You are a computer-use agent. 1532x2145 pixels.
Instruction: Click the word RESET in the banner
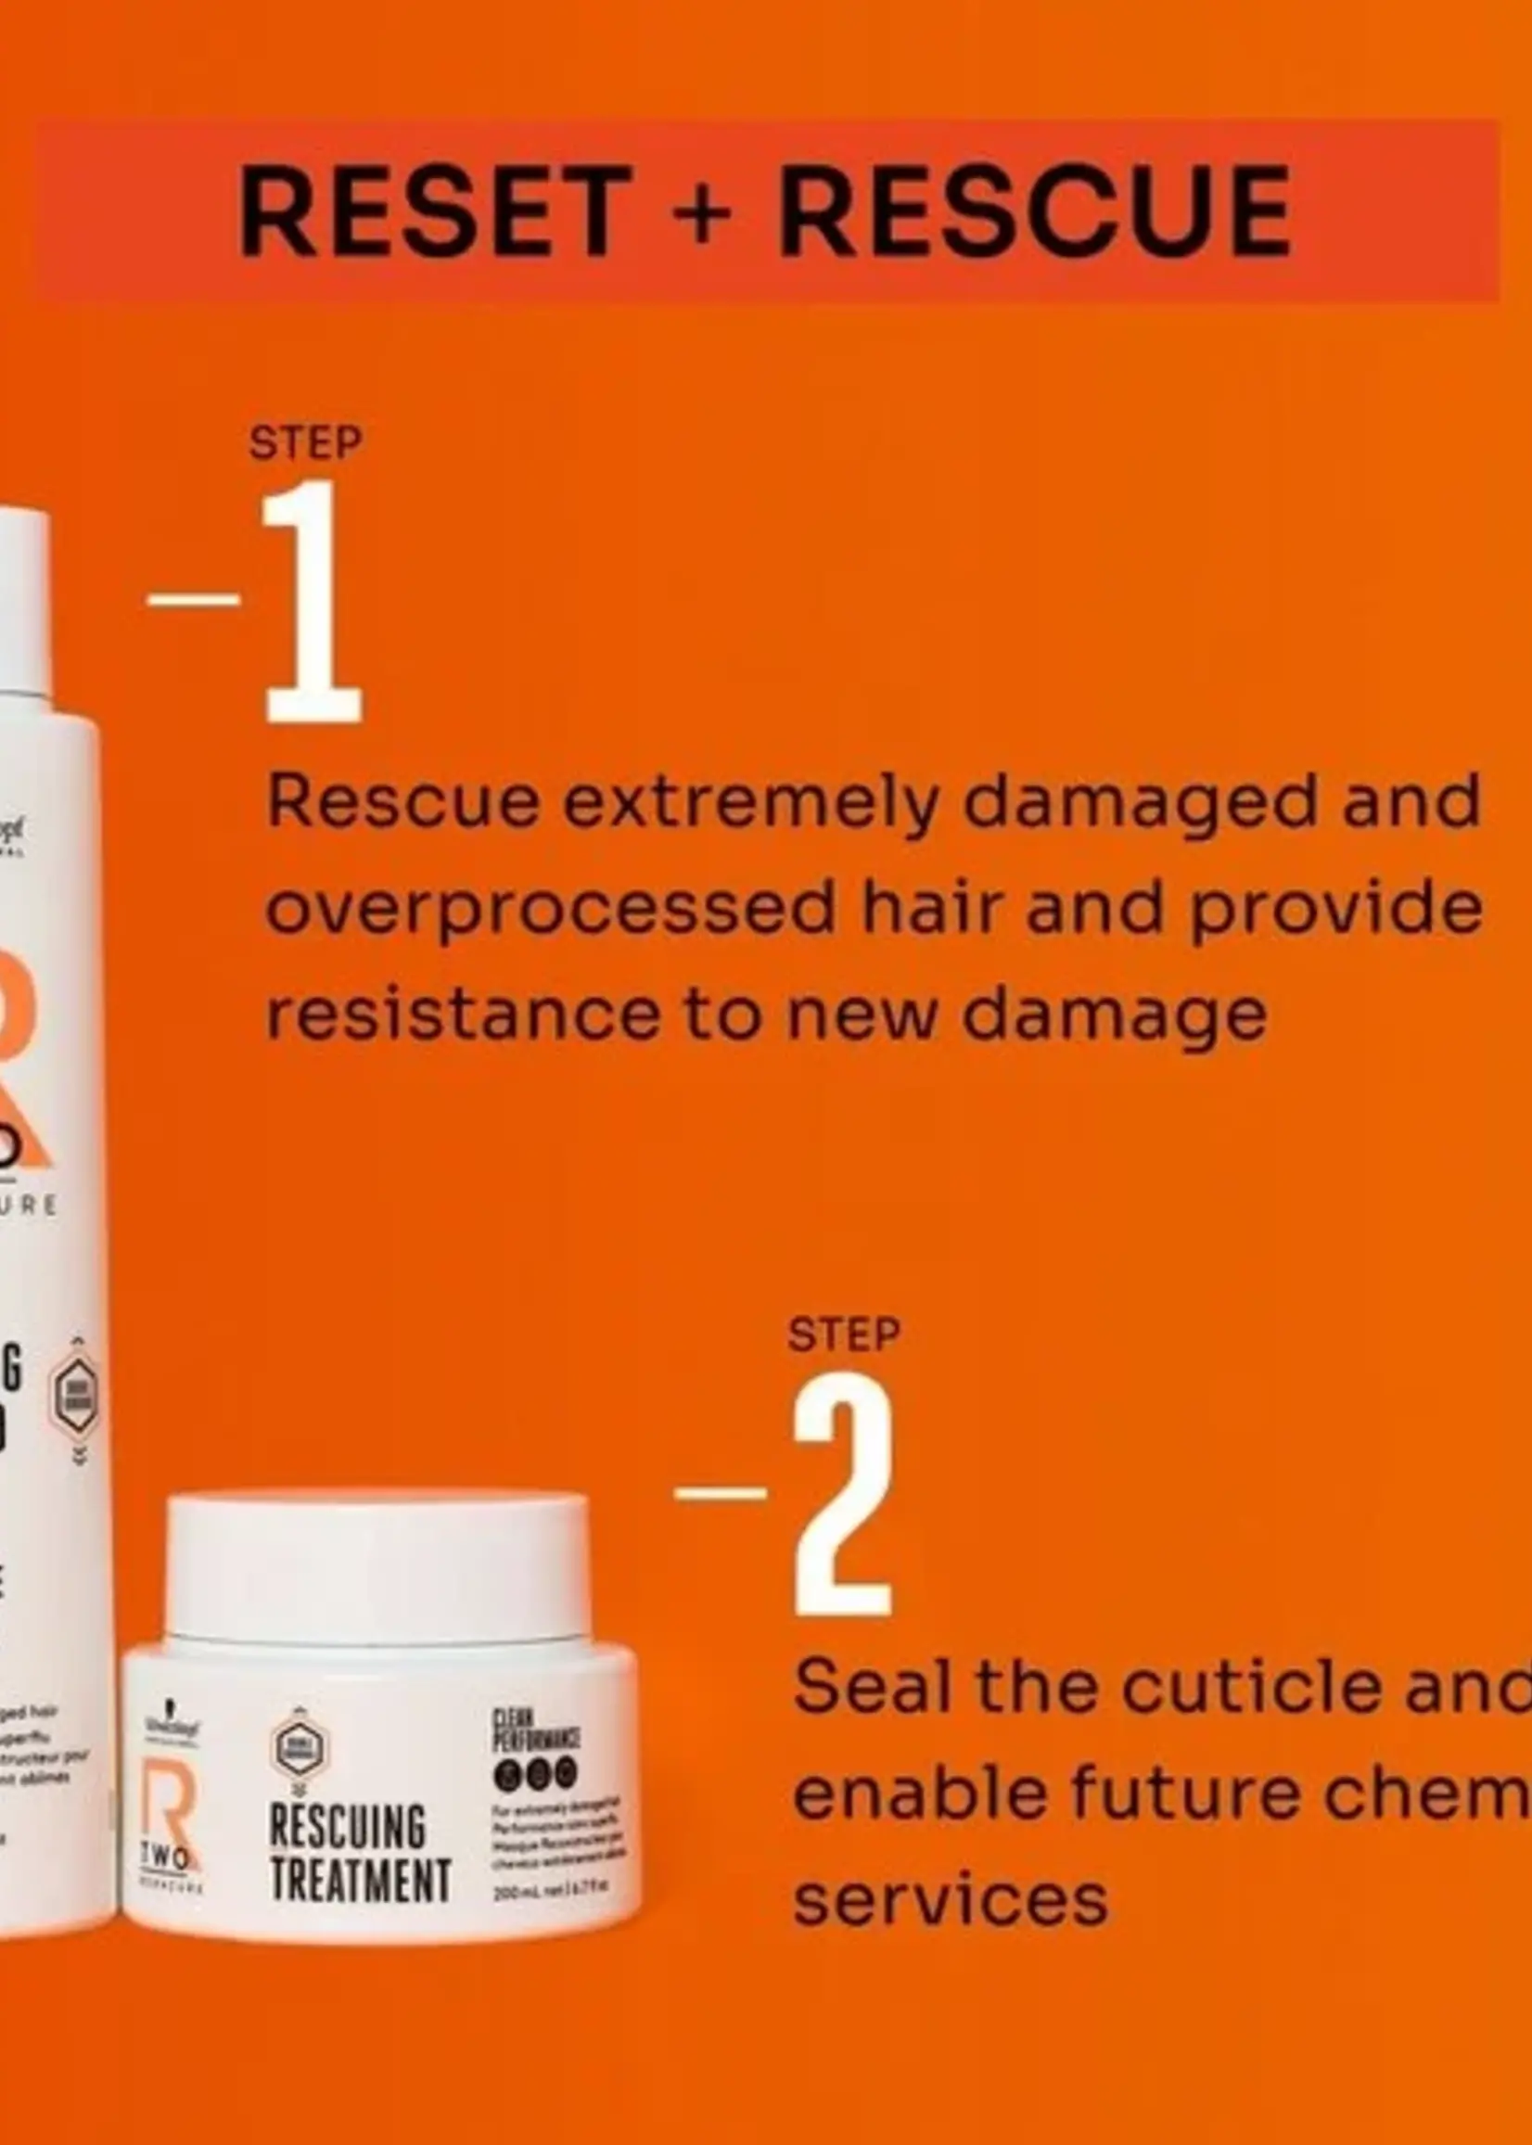435,211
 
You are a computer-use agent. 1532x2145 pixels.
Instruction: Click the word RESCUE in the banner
1034,211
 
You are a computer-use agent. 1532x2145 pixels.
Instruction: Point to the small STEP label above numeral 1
306,443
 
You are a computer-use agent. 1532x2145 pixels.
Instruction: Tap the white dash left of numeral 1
195,599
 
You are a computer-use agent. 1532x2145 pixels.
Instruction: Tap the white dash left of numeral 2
721,1492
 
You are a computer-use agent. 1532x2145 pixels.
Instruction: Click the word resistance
463,1014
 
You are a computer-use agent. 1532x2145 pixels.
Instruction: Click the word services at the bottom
950,1901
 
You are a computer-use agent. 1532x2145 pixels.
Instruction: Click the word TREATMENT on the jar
361,1882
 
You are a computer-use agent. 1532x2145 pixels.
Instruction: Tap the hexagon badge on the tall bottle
74,1398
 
